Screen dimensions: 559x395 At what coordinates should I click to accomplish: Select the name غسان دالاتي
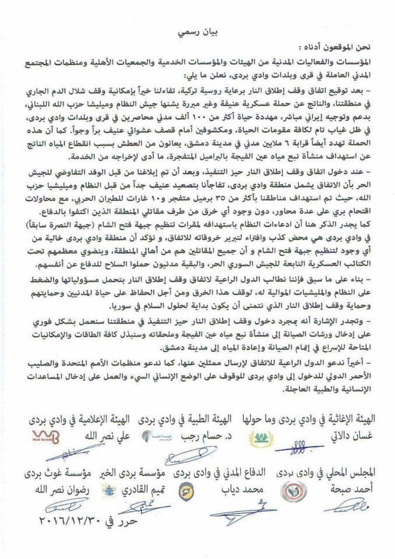(x=352, y=434)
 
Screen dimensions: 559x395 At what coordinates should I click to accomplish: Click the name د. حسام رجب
(x=201, y=434)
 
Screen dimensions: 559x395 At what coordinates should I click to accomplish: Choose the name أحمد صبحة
(x=352, y=487)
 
